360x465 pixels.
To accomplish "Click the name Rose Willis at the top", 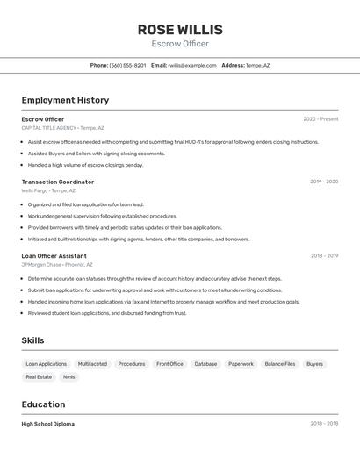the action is [x=180, y=30].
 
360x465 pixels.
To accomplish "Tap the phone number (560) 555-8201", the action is [x=127, y=65].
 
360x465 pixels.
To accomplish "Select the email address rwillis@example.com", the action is [x=191, y=65].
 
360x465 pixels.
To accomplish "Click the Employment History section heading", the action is [x=65, y=100].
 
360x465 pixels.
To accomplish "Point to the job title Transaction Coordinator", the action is [x=58, y=182].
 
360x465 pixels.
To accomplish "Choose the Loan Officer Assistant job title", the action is [x=54, y=256].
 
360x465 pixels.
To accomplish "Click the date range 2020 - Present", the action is [x=320, y=119].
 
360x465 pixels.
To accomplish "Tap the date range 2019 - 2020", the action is [x=324, y=182].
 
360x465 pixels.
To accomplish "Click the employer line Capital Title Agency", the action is [x=62, y=128].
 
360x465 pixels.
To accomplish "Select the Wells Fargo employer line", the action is [x=48, y=190].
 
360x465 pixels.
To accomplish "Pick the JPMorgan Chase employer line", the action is [x=57, y=264].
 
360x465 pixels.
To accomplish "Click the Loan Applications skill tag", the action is [x=47, y=363].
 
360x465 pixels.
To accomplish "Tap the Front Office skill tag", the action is [x=169, y=363].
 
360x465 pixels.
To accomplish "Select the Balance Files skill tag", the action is [x=280, y=363].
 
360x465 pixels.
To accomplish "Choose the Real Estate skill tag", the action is [x=39, y=376].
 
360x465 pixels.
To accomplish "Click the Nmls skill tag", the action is [x=68, y=376].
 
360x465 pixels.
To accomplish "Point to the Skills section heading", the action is [x=32, y=340].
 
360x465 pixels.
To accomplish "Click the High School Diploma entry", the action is [x=48, y=424].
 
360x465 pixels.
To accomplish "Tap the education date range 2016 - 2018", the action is [x=324, y=424].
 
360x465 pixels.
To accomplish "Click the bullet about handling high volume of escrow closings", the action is [x=85, y=165].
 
